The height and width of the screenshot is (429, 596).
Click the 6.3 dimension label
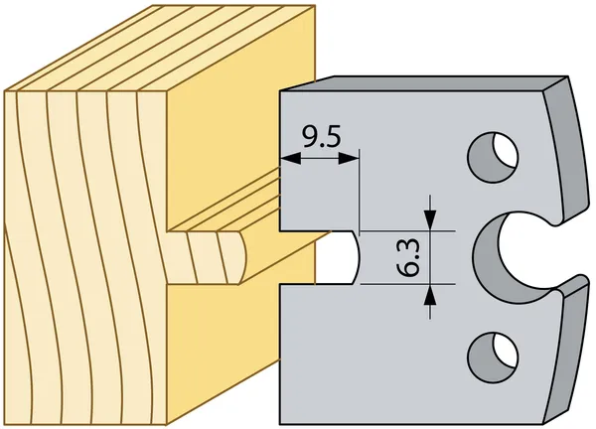[408, 257]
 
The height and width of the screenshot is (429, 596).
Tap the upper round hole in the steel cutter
[493, 157]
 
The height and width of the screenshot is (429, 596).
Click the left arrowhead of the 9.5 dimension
[290, 159]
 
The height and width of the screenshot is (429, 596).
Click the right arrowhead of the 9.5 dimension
[348, 159]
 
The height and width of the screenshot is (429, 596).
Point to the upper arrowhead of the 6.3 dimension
[430, 220]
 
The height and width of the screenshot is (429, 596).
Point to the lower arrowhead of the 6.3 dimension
[430, 295]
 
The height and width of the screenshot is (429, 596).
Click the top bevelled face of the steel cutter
[422, 83]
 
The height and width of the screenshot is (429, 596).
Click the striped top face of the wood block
[160, 48]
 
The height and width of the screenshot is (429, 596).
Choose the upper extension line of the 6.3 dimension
[407, 230]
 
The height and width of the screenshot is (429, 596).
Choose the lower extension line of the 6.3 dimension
[407, 284]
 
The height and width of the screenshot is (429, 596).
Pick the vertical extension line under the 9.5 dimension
[360, 190]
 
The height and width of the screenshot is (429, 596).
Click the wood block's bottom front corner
[167, 424]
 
